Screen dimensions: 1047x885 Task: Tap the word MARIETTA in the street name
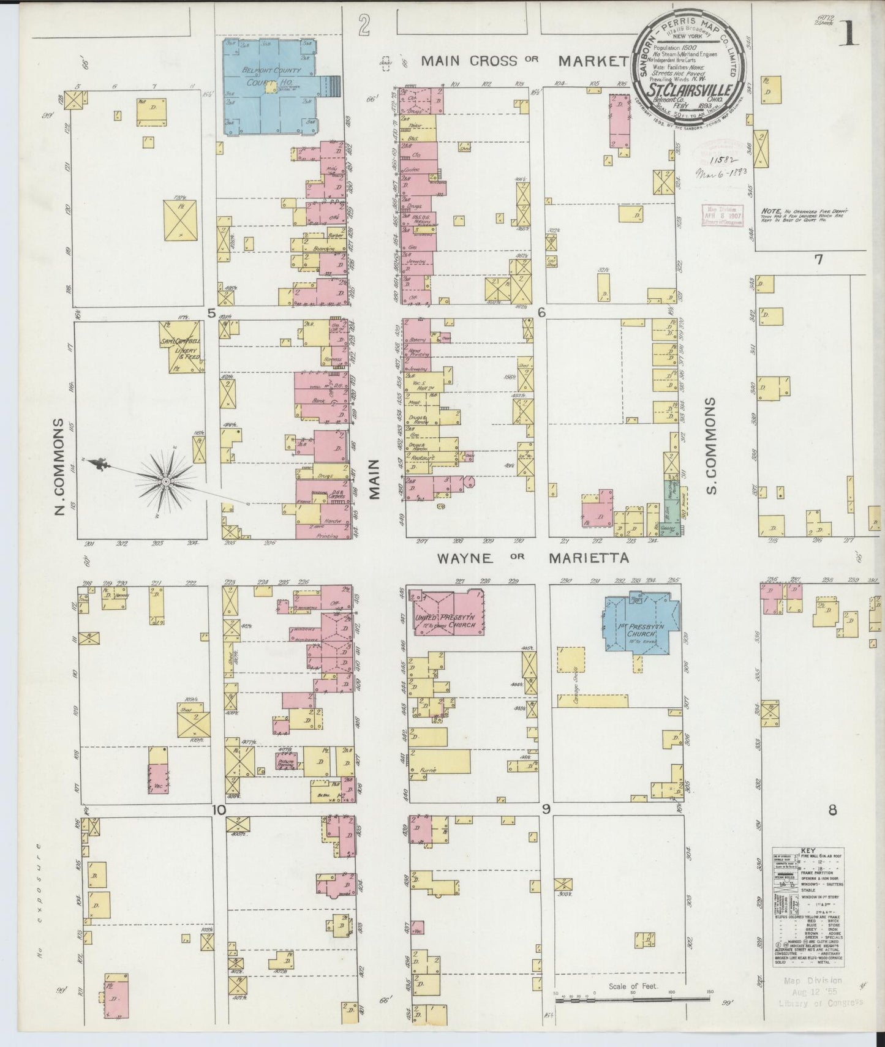[589, 558]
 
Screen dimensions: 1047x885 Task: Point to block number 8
[832, 811]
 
